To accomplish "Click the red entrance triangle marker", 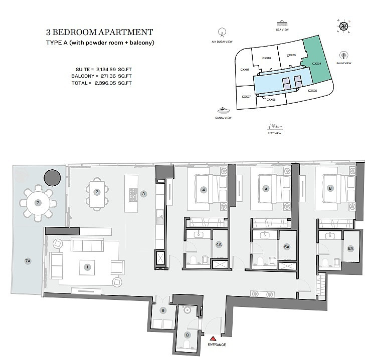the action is [213, 339].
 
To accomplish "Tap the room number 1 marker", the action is [87, 267].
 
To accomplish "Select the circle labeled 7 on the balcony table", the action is [38, 203].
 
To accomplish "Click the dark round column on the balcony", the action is [52, 178].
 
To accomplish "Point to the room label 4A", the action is [219, 244].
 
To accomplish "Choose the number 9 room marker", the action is [163, 310].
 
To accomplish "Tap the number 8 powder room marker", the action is [188, 335].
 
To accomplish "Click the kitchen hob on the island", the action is [133, 195].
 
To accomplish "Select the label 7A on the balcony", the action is [28, 261].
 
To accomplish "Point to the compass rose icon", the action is [343, 26].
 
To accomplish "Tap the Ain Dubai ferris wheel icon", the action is [222, 33].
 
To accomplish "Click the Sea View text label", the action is [282, 30].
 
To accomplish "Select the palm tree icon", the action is [344, 56].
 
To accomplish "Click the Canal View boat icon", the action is [224, 110].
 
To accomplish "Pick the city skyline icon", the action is [275, 127].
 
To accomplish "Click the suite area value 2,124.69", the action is [106, 70].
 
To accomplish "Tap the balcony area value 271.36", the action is [108, 76].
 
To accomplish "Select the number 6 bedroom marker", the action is [330, 188].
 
